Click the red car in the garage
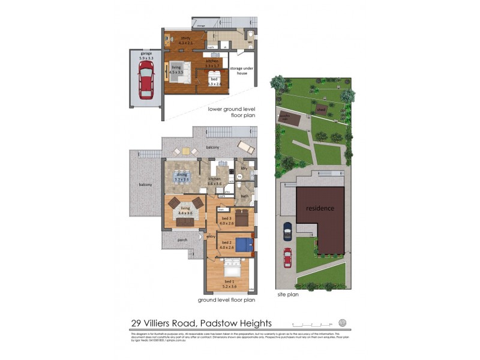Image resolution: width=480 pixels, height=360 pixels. pos(145,81)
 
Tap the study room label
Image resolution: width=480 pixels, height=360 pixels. pos(185,40)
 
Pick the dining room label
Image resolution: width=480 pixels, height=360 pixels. pos(182,177)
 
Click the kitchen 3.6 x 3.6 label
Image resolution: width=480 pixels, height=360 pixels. pos(215,181)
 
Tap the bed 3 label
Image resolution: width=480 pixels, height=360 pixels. pos(226,221)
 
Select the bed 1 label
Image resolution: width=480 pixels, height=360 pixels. pos(230,283)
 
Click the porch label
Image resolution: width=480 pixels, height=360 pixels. pos(182,240)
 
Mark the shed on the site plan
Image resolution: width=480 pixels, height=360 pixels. pos(322,110)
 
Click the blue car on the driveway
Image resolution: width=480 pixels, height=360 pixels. pos(287,230)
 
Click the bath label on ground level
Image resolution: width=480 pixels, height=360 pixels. pos(245,196)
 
